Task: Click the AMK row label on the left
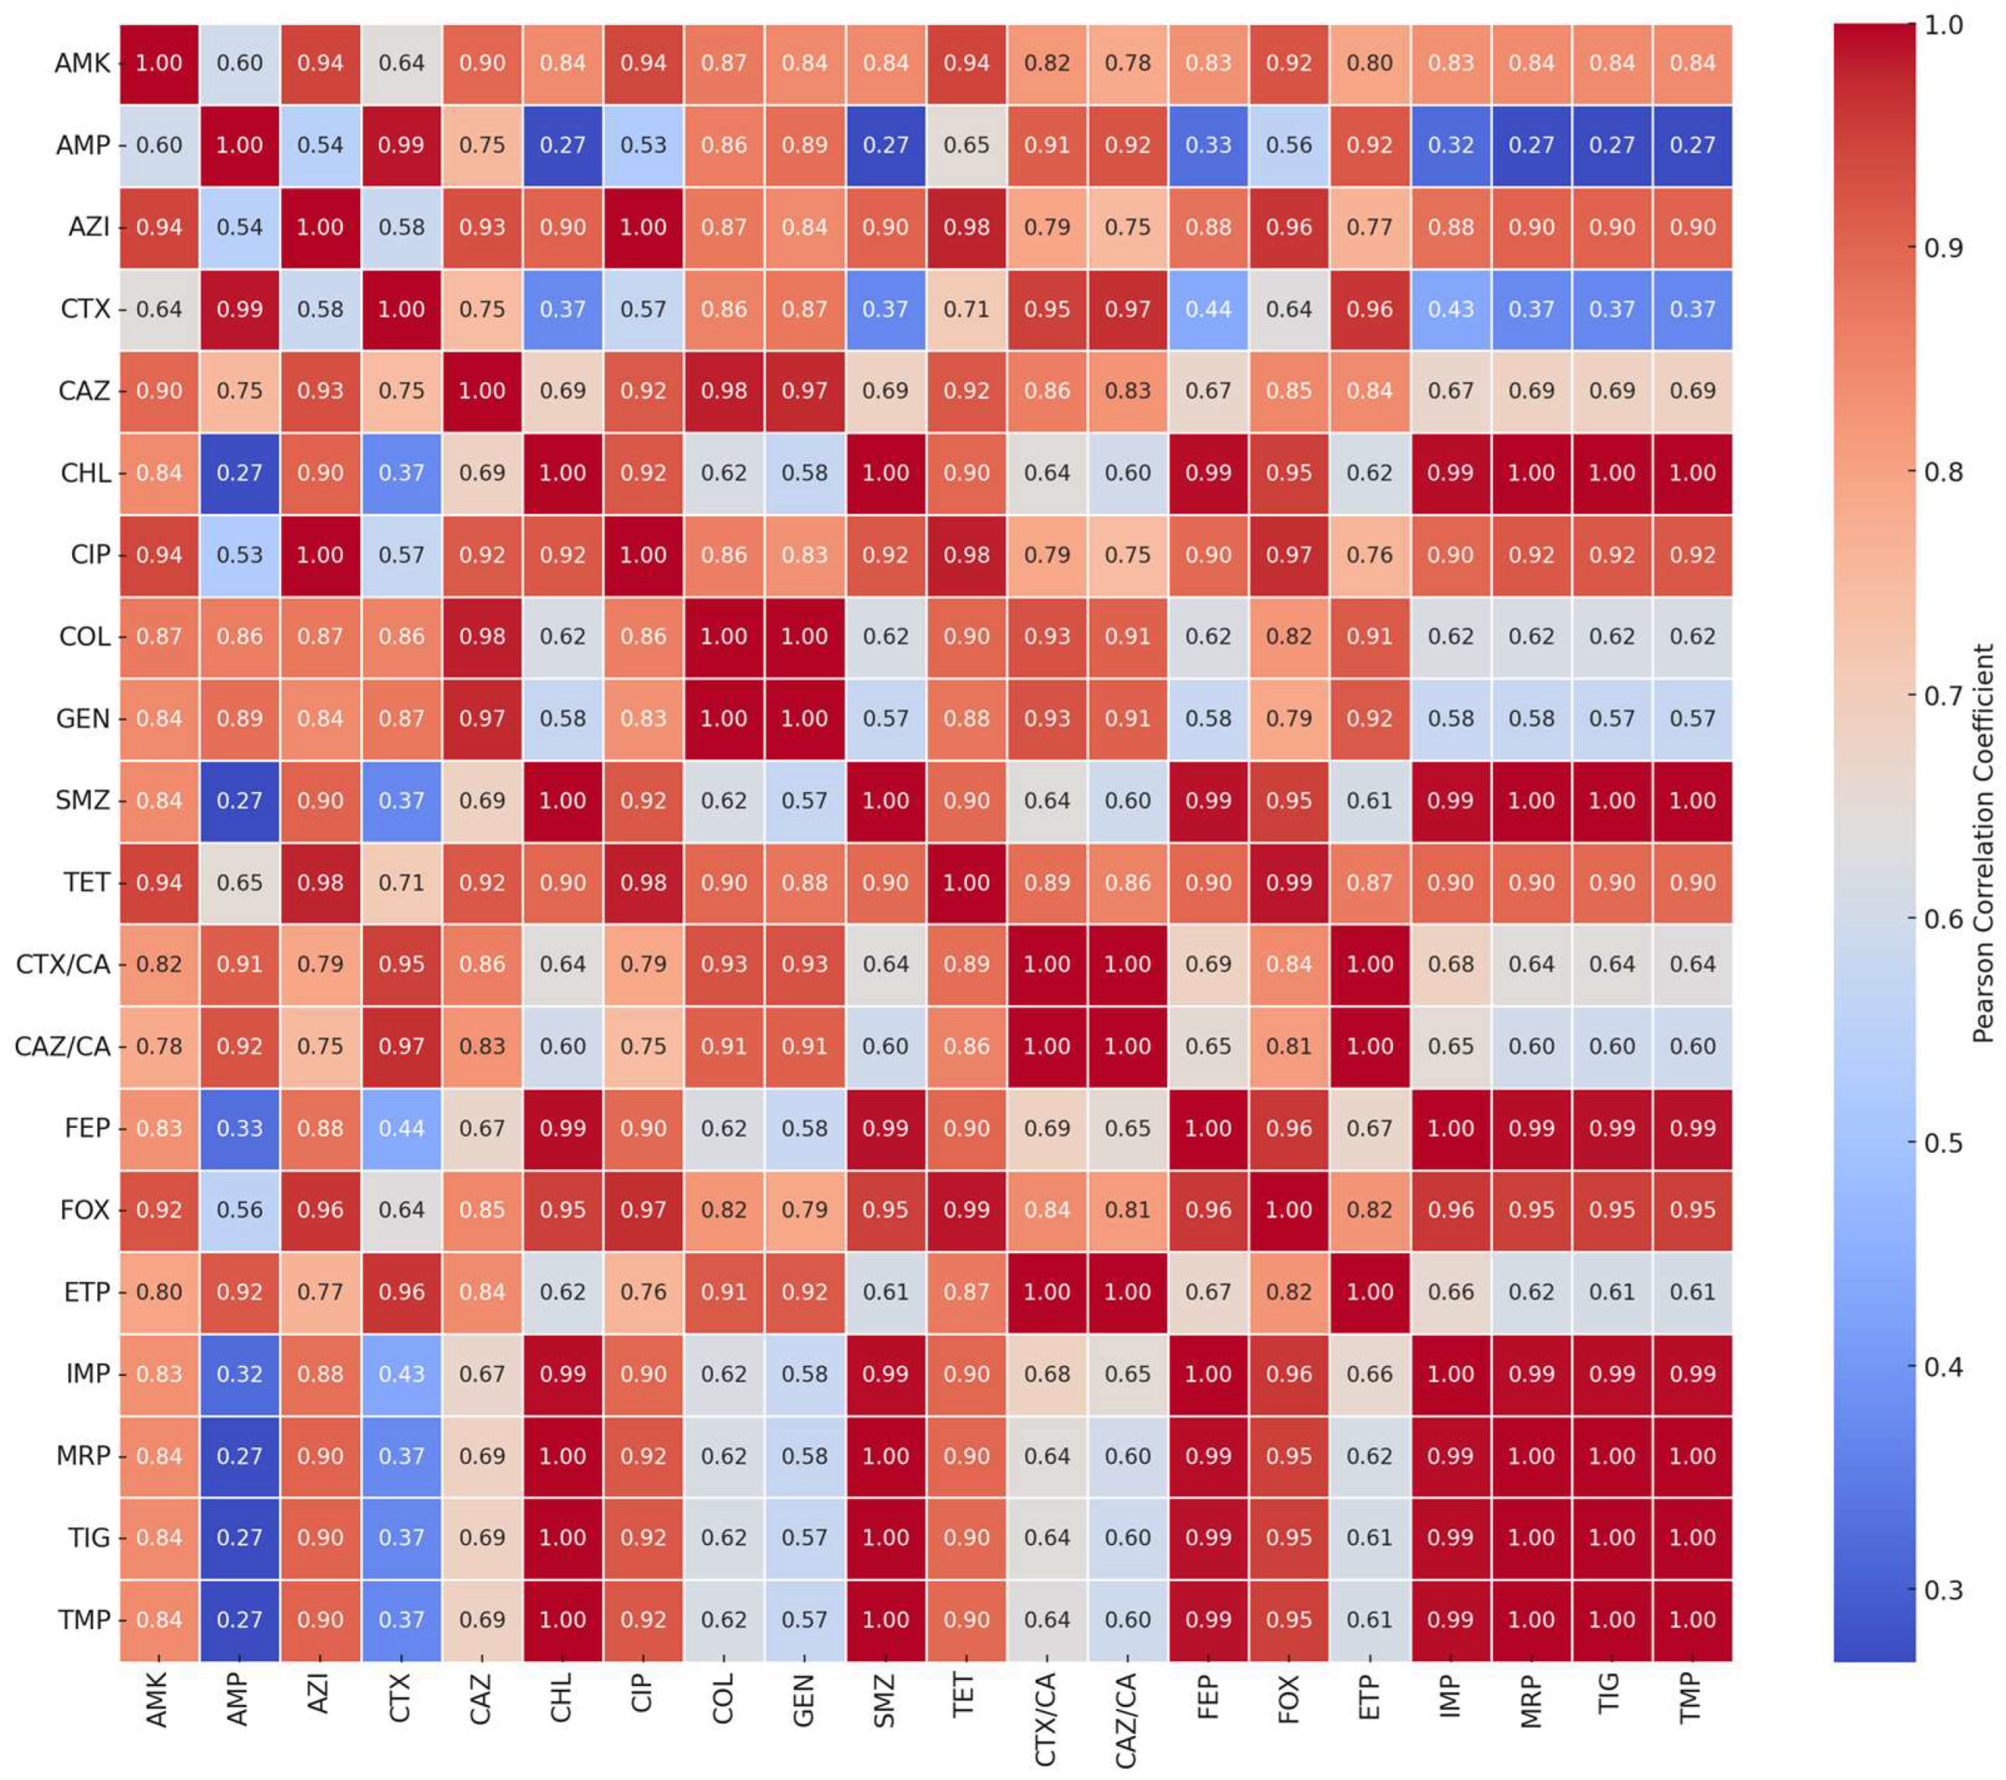point(82,63)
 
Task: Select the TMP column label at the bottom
point(1690,1699)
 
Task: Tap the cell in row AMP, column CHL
point(562,146)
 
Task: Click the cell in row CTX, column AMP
point(240,309)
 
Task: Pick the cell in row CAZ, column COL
point(723,391)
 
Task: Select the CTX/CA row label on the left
point(63,964)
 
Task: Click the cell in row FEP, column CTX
point(402,1129)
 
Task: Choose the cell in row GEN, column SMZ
point(886,719)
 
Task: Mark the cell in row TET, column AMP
point(240,882)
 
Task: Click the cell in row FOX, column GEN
point(805,1210)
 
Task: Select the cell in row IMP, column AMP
point(240,1374)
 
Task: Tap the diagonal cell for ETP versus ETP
point(1369,1292)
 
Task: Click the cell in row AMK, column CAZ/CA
point(1127,63)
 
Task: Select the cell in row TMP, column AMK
point(159,1620)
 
